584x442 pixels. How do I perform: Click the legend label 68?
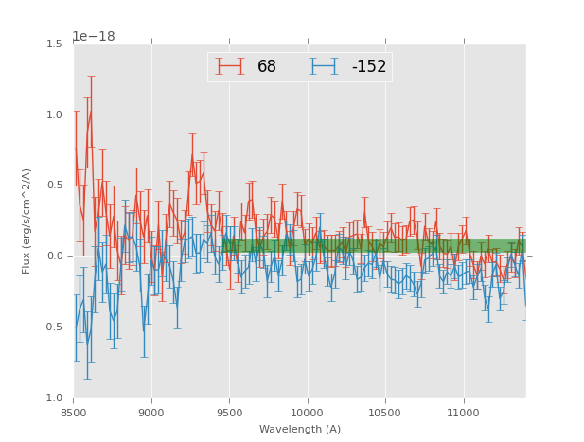[x=266, y=66]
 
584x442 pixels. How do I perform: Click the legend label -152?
[x=368, y=66]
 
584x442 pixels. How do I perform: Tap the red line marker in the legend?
[x=230, y=66]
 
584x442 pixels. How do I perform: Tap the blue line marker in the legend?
[x=324, y=66]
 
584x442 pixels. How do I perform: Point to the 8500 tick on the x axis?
[x=74, y=413]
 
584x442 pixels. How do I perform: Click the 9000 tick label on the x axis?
[x=151, y=413]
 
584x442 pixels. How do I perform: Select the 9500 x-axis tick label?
[x=229, y=413]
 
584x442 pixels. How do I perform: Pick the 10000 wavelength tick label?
[x=307, y=413]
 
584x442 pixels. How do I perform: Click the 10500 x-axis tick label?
[x=385, y=413]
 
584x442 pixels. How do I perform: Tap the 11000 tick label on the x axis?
[x=463, y=413]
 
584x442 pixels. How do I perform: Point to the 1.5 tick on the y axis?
[x=54, y=44]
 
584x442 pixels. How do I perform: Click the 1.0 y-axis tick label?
[x=54, y=115]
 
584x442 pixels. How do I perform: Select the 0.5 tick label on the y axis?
[x=54, y=186]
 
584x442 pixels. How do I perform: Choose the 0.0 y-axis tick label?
[x=54, y=256]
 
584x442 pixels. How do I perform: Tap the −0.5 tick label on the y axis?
[x=51, y=327]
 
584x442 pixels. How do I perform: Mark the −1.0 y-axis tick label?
[x=51, y=398]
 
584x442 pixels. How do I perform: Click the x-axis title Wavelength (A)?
[x=300, y=429]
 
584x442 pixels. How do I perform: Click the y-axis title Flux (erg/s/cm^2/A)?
[x=27, y=221]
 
